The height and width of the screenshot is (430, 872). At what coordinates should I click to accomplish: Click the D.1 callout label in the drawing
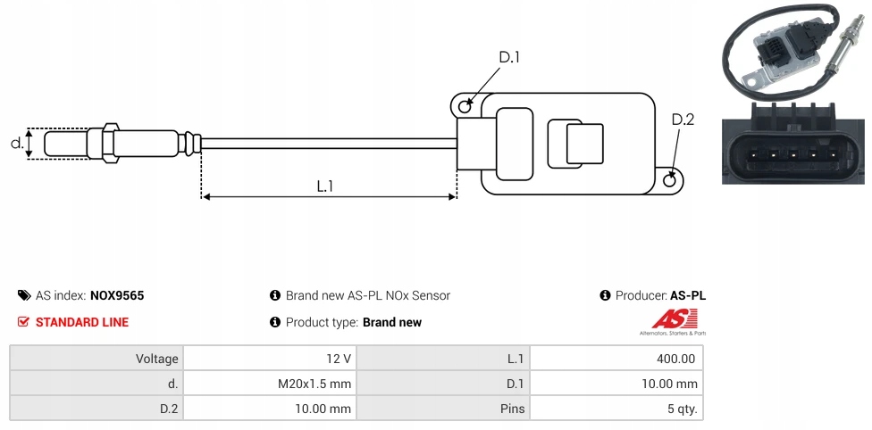click(x=509, y=58)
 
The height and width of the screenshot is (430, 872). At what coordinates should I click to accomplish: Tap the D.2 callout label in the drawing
click(x=683, y=120)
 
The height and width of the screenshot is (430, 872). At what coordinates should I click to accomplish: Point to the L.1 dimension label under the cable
click(x=325, y=186)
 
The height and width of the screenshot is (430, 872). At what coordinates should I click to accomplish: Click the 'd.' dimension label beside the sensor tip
click(x=16, y=143)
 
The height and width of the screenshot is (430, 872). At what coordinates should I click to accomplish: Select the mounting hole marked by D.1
click(x=465, y=107)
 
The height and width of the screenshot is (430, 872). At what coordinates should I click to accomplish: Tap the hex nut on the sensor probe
click(x=111, y=143)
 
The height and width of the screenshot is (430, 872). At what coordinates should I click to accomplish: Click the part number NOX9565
click(x=117, y=295)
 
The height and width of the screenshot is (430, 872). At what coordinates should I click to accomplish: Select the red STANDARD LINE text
click(x=82, y=322)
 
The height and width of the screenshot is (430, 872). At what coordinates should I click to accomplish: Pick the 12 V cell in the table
click(x=339, y=359)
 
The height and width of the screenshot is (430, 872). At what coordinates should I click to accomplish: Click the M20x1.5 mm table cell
click(x=314, y=384)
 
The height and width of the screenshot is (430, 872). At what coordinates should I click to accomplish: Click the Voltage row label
click(x=157, y=359)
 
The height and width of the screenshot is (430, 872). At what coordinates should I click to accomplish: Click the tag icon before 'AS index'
click(x=24, y=295)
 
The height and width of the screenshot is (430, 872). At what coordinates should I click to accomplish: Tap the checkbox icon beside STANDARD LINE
click(x=24, y=322)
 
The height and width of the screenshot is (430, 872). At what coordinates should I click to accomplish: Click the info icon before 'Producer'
click(x=606, y=295)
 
